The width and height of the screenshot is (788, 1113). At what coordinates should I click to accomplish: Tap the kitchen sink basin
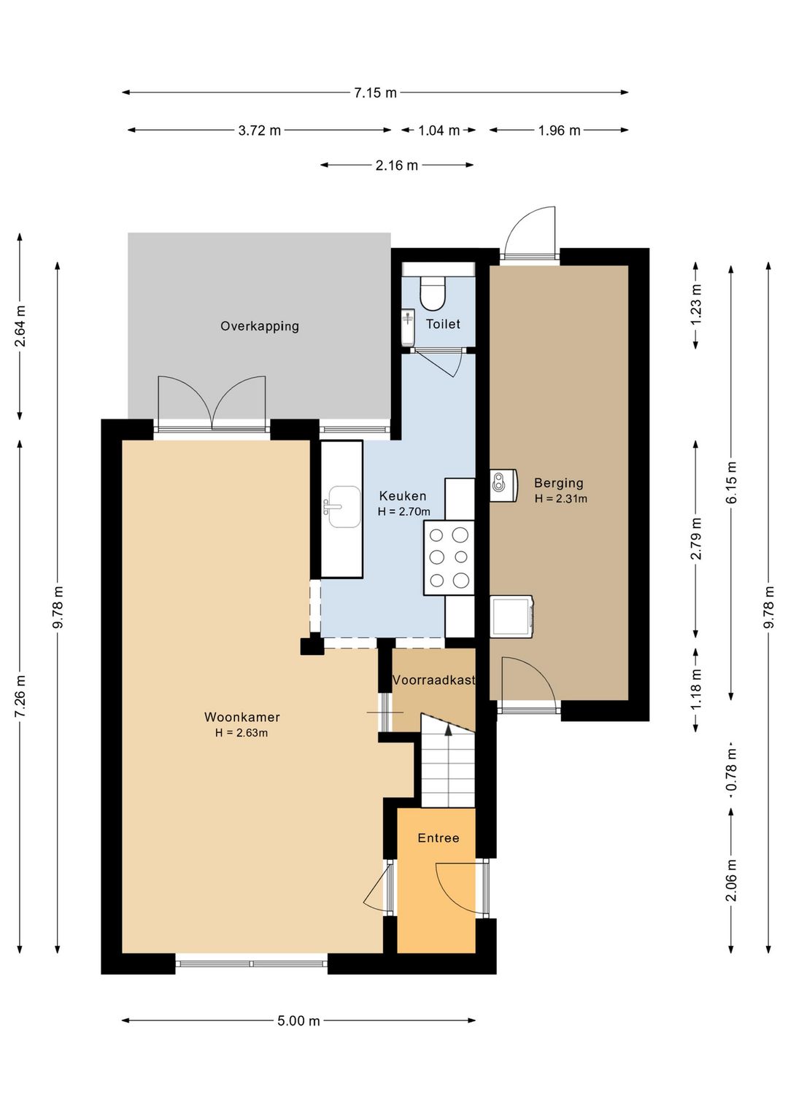[344, 507]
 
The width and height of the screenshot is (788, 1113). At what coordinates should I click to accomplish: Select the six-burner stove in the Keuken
[449, 557]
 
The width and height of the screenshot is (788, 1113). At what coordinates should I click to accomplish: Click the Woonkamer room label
[242, 717]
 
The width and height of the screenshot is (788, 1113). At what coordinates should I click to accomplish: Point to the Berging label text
[558, 482]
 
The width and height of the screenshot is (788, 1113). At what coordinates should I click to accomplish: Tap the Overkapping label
[260, 326]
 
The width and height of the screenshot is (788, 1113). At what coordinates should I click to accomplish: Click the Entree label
[438, 838]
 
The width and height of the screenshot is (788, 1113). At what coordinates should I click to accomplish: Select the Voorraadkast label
[434, 680]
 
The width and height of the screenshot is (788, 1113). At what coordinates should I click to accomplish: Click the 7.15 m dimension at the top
[375, 93]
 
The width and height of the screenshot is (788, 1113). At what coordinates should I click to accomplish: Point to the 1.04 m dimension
[439, 130]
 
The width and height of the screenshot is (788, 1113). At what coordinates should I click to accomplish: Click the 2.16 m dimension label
[397, 165]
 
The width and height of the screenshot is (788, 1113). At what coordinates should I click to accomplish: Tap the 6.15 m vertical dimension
[731, 482]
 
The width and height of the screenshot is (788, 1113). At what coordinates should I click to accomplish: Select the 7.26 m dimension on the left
[20, 697]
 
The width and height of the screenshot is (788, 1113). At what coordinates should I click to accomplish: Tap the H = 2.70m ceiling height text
[403, 511]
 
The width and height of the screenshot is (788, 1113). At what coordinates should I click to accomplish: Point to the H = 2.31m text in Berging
[561, 498]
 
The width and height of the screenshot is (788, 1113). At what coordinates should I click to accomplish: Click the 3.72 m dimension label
[260, 130]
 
